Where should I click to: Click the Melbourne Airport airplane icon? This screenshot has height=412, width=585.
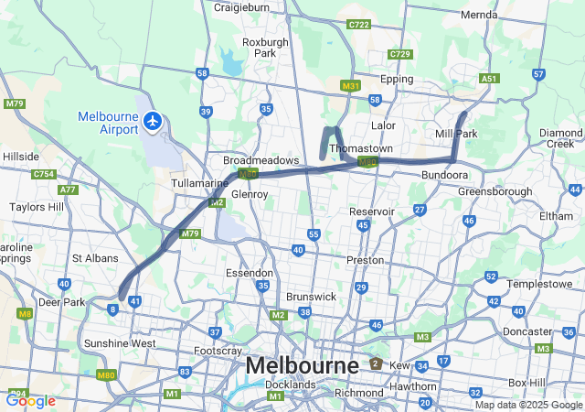coord(154,120)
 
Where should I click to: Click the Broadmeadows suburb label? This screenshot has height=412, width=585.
coord(262,160)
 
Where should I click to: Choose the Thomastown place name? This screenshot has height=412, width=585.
coord(361,148)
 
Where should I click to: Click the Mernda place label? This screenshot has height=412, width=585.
coord(479,16)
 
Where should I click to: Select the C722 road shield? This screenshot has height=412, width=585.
coord(359,25)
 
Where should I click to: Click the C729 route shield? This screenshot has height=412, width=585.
coord(400,55)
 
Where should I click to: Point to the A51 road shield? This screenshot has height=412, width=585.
coord(490,79)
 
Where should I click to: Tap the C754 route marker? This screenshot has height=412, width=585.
coord(43,174)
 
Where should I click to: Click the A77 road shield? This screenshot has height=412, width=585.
coord(68,190)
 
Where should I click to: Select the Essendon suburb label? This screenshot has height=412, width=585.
coord(250,273)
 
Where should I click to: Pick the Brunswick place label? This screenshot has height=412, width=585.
coord(312,298)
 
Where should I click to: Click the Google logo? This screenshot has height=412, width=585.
coord(30,400)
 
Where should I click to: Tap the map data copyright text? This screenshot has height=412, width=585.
coord(527,405)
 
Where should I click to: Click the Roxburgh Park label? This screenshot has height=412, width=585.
coord(266,48)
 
